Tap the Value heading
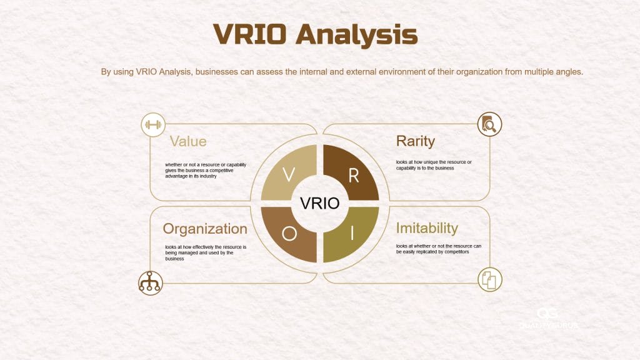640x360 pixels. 188,141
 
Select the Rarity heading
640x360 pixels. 416,141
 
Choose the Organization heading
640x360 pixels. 205,229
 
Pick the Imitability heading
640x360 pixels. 427,228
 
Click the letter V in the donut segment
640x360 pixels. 289,175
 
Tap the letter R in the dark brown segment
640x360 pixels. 353,176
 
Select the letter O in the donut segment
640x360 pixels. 289,233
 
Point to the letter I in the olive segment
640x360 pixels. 352,233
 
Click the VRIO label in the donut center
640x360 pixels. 320,203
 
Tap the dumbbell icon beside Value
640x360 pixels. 152,125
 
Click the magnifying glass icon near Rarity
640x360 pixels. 489,125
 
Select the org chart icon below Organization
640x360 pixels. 150,282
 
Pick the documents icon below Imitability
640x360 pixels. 489,279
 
